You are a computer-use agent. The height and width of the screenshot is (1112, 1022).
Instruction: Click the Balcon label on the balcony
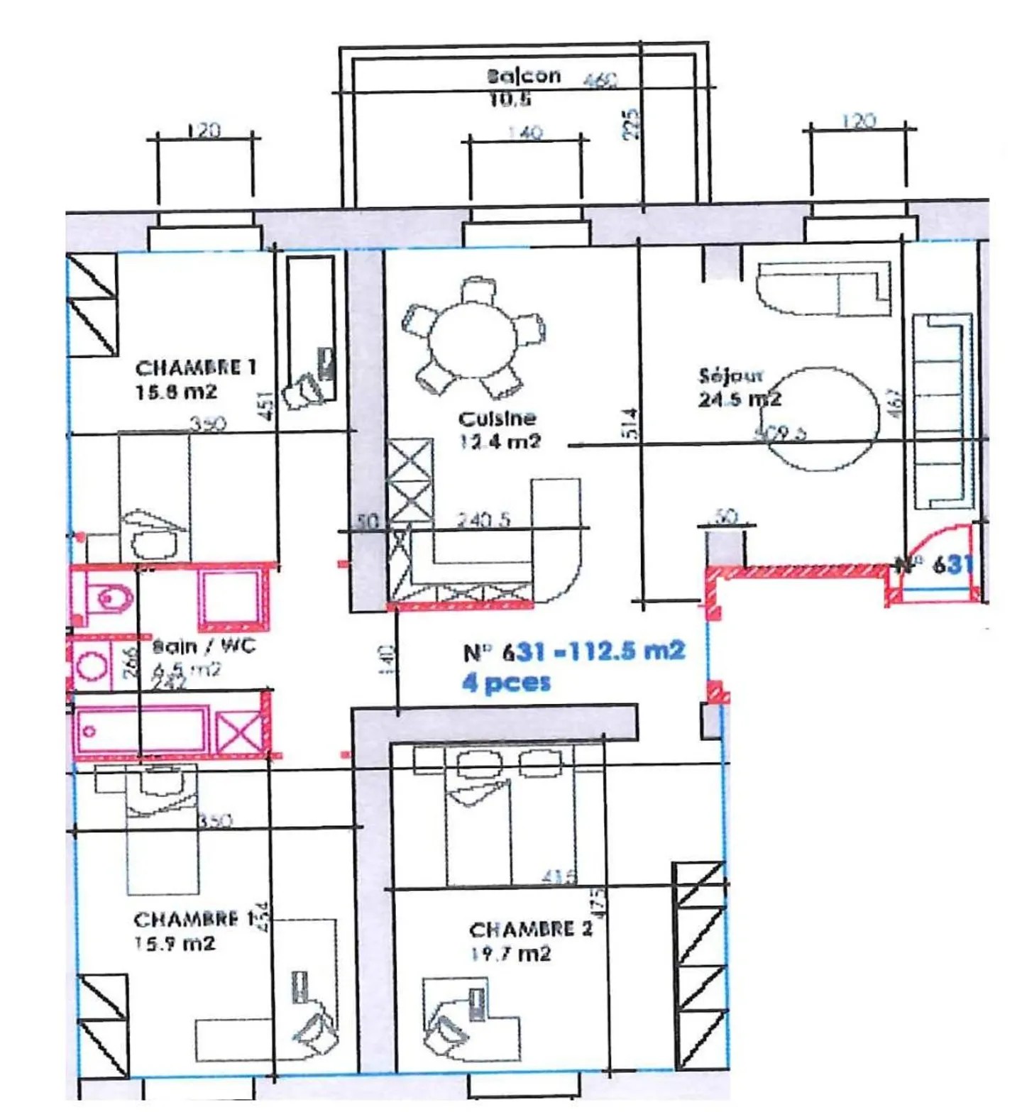[524, 75]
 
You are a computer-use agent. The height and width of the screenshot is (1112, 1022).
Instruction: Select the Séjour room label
[730, 375]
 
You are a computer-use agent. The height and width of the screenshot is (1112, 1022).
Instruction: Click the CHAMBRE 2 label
[530, 929]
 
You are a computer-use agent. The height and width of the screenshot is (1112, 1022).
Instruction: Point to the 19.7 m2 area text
[511, 953]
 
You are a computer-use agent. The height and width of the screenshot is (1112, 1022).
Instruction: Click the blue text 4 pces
[506, 683]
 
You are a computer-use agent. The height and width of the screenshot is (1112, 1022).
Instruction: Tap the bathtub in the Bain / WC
[142, 730]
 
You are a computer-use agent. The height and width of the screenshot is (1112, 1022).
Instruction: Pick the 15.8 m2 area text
[176, 392]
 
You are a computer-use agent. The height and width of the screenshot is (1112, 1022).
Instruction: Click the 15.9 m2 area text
[175, 944]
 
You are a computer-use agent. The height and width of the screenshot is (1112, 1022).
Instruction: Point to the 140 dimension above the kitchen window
[525, 133]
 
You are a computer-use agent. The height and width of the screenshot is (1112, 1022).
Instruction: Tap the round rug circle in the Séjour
[823, 419]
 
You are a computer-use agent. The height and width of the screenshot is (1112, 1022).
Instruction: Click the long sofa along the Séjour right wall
[941, 412]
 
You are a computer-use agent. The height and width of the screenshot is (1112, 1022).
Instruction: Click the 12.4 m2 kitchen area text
[500, 441]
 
